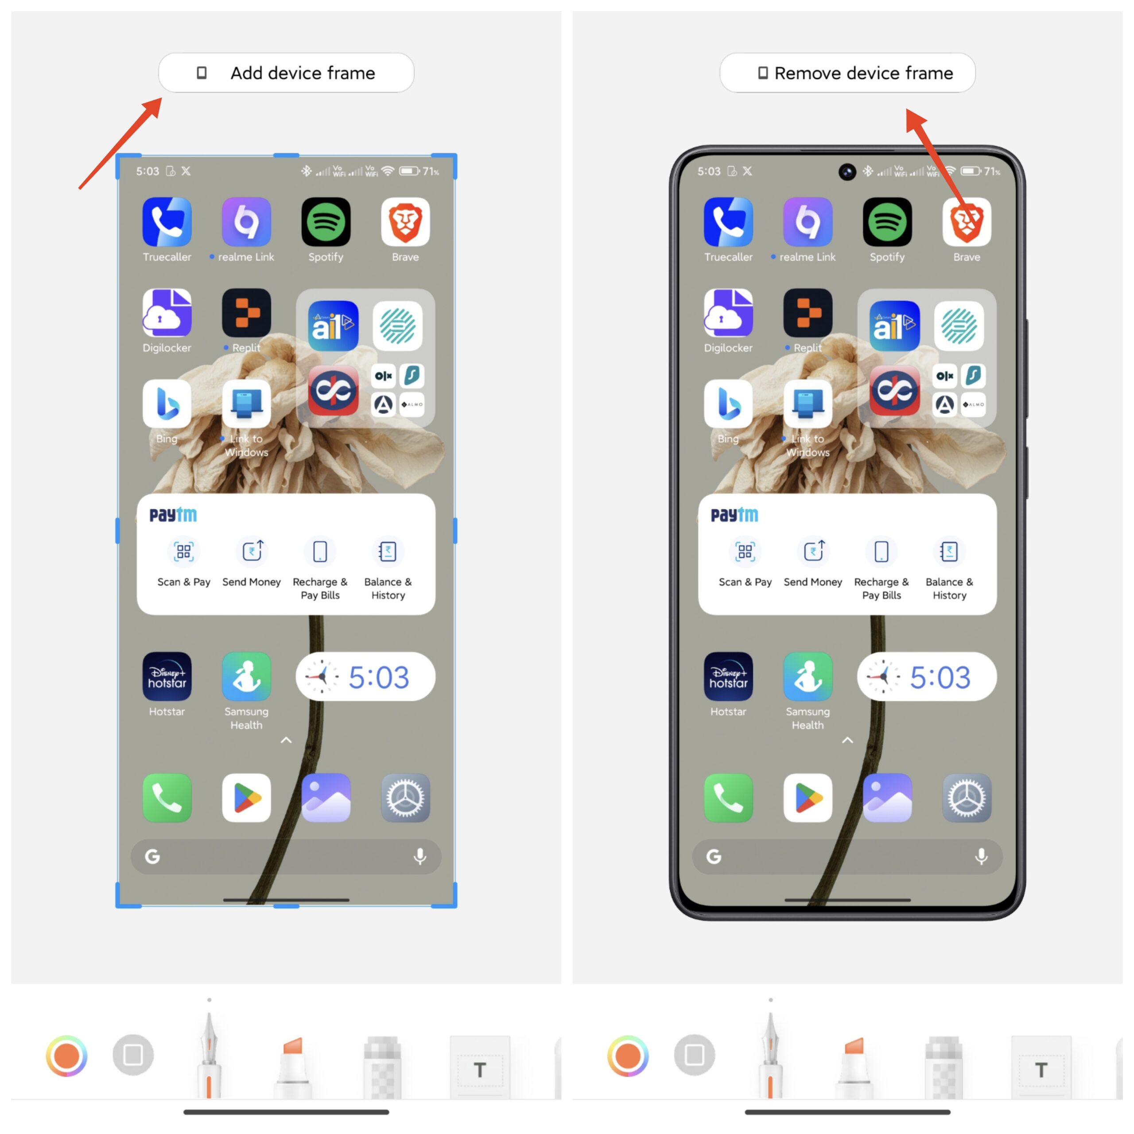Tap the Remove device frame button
pyautogui.click(x=847, y=73)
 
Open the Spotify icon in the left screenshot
pyautogui.click(x=326, y=222)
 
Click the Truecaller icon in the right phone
pyautogui.click(x=728, y=222)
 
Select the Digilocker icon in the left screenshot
pyautogui.click(x=167, y=313)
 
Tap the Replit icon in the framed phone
pyautogui.click(x=808, y=313)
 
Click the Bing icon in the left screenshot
pyautogui.click(x=167, y=404)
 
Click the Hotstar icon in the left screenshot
pyautogui.click(x=167, y=676)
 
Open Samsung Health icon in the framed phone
pyautogui.click(x=808, y=676)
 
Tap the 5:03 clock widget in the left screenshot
pyautogui.click(x=365, y=677)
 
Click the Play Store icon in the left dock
pyautogui.click(x=247, y=798)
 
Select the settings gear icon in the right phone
pyautogui.click(x=967, y=798)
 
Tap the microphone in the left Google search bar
pyautogui.click(x=419, y=856)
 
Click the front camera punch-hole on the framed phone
pyautogui.click(x=847, y=171)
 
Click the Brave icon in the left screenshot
pyautogui.click(x=405, y=222)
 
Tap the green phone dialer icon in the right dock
pyautogui.click(x=728, y=798)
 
